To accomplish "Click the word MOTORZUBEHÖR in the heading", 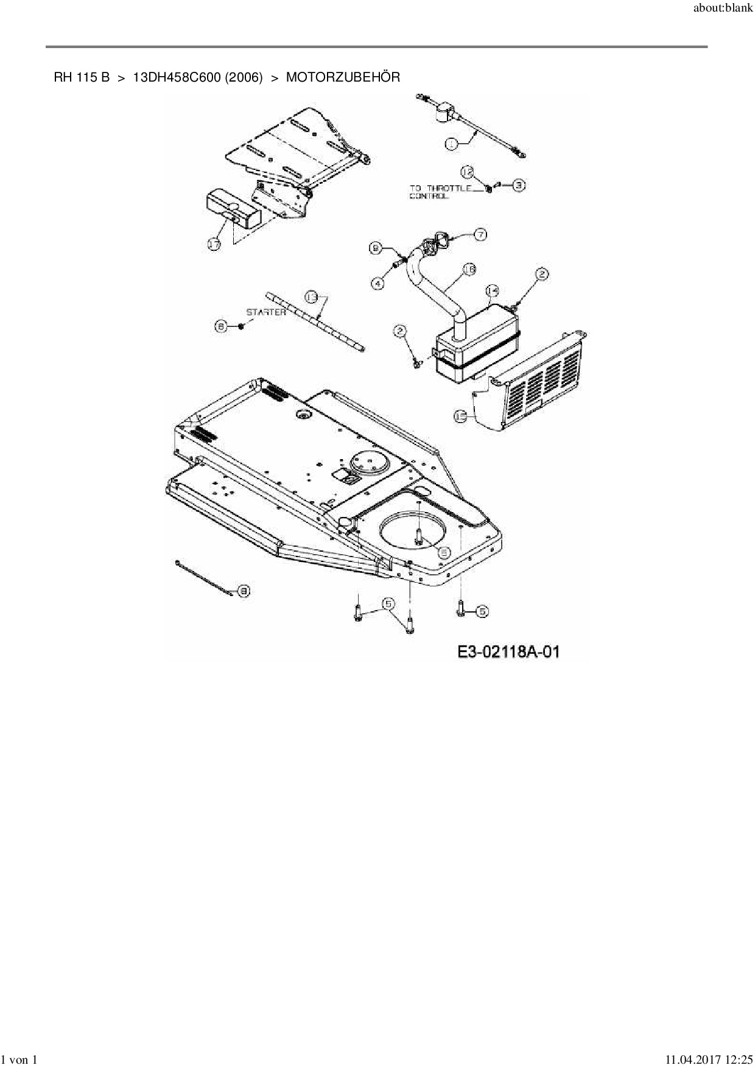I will tap(343, 78).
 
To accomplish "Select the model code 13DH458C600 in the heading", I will tap(177, 78).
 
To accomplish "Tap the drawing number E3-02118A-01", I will tap(508, 652).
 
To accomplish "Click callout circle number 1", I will tap(451, 144).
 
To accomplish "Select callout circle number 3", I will tap(518, 184).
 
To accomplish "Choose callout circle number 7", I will tap(480, 234).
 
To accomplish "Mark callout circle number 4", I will tap(379, 283).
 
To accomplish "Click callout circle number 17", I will tap(214, 245).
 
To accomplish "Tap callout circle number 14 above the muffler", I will tap(492, 290).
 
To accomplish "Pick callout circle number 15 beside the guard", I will tap(461, 416).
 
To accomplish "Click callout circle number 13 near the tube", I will tap(312, 297).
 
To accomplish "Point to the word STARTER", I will tap(265, 312).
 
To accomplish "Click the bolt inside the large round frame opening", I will tap(419, 535).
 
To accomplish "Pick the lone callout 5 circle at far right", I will tap(482, 611).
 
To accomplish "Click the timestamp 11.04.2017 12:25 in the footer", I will tap(708, 1060).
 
